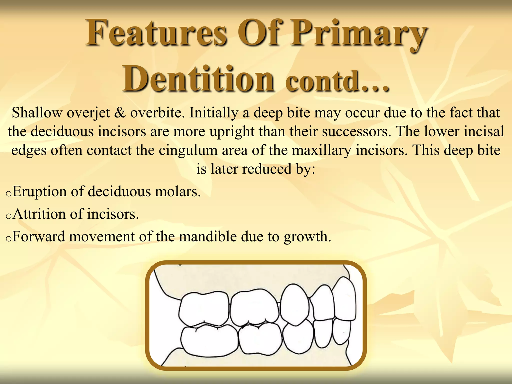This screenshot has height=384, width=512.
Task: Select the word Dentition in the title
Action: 198,79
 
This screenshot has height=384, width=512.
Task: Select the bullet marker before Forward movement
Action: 8,239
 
